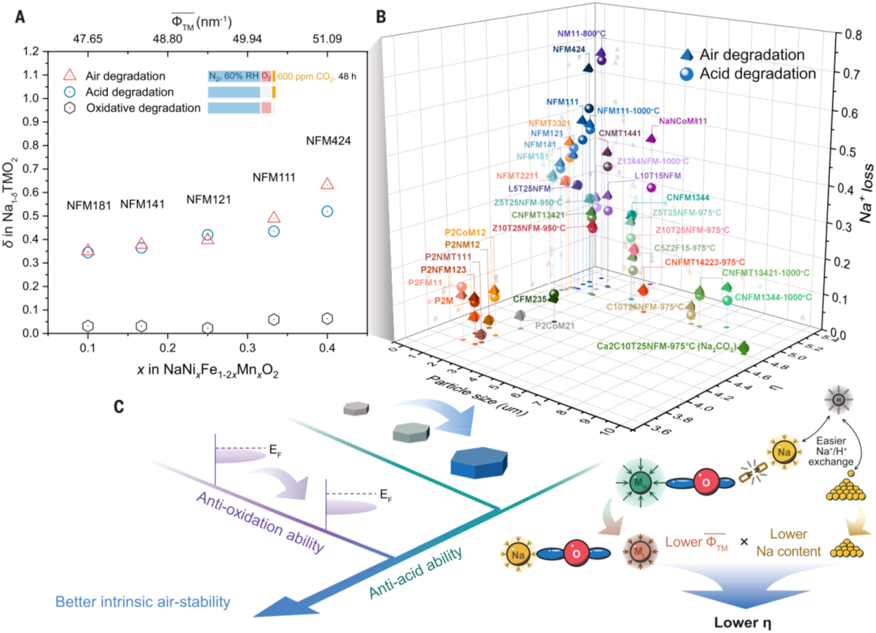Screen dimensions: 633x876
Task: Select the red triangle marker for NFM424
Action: (x=327, y=184)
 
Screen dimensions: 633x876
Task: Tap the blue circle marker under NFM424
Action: (x=327, y=211)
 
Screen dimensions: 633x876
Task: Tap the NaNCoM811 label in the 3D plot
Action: (x=684, y=123)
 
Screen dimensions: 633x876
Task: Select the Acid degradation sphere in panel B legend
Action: (x=687, y=74)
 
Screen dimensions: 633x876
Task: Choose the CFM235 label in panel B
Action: (x=529, y=299)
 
